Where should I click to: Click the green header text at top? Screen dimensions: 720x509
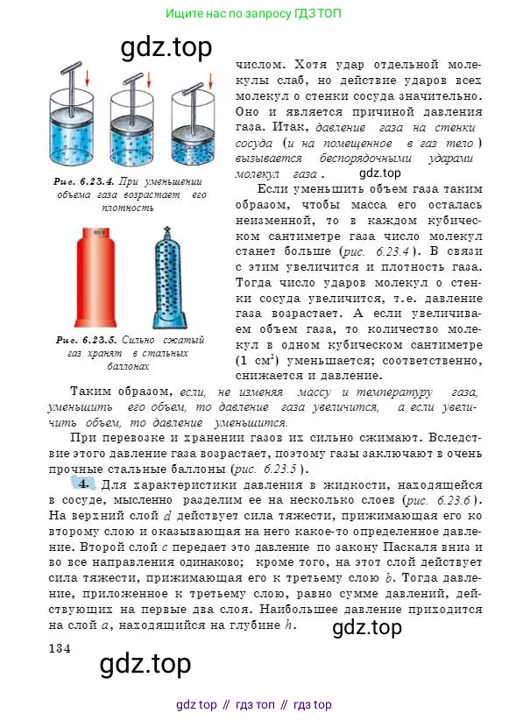click(253, 14)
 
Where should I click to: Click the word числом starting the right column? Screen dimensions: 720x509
click(261, 64)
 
